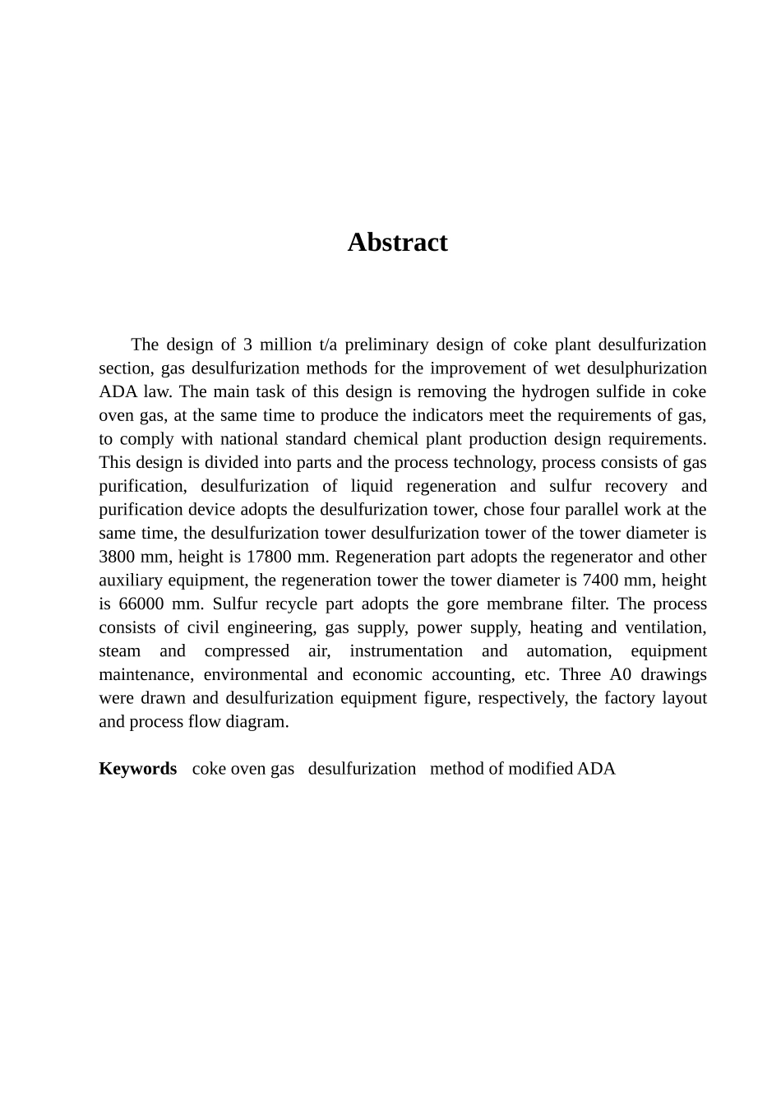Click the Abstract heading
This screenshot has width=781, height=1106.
coord(397,243)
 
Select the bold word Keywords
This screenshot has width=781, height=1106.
coord(137,769)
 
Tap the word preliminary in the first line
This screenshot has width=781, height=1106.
coord(389,345)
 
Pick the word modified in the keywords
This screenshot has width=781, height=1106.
coord(540,769)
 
